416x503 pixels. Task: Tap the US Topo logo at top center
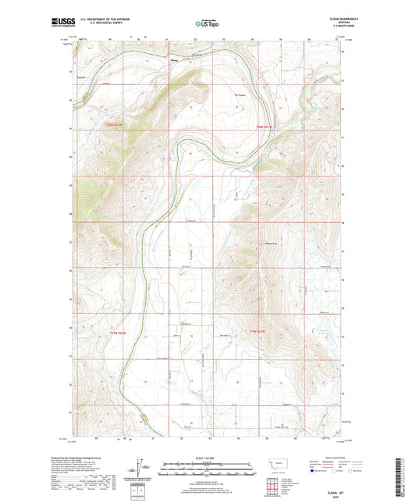coord(207,24)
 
